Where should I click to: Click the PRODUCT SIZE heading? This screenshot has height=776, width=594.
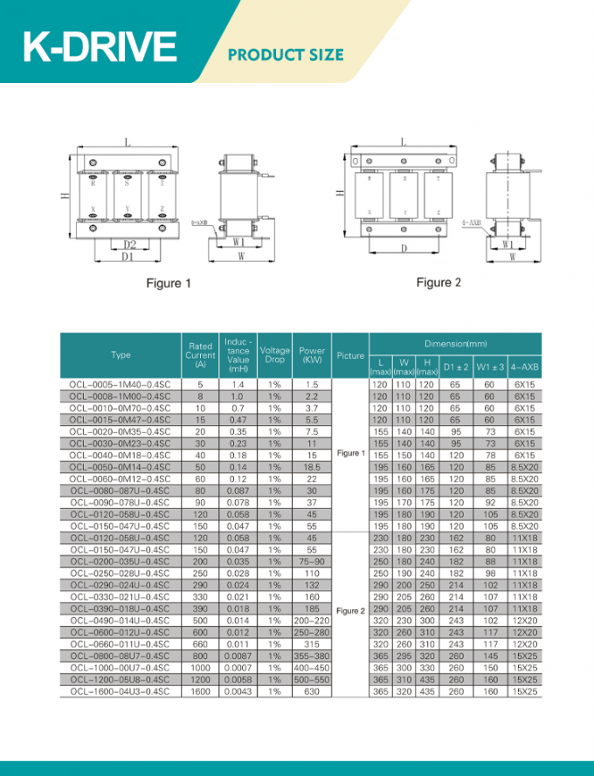[x=286, y=55]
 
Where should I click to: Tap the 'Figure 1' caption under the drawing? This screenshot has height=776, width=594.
[x=169, y=283]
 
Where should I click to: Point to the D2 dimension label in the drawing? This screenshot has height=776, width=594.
[x=128, y=244]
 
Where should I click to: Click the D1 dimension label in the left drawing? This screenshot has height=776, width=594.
[x=128, y=257]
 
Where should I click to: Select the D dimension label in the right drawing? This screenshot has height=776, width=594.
[x=404, y=249]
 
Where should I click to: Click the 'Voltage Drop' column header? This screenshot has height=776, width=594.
[x=274, y=355]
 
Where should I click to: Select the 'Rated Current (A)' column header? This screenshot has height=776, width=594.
[x=200, y=355]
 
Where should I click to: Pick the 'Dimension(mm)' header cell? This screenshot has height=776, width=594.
[x=455, y=344]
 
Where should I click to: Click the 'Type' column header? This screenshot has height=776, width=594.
[x=121, y=355]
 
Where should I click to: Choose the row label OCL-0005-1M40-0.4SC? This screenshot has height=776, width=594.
[x=121, y=385]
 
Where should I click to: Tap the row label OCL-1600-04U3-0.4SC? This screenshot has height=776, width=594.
[x=121, y=691]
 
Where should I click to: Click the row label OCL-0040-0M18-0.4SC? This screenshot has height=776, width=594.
[x=121, y=456]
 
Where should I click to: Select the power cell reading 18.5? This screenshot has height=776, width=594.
[x=312, y=468]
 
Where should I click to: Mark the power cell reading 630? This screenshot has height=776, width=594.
[x=312, y=691]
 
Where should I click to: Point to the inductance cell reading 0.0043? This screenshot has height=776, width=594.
[x=238, y=691]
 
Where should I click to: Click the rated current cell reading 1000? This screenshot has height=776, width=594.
[x=200, y=668]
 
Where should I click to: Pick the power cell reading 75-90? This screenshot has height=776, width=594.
[x=312, y=562]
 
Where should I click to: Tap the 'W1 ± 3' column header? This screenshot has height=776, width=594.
[x=489, y=367]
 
